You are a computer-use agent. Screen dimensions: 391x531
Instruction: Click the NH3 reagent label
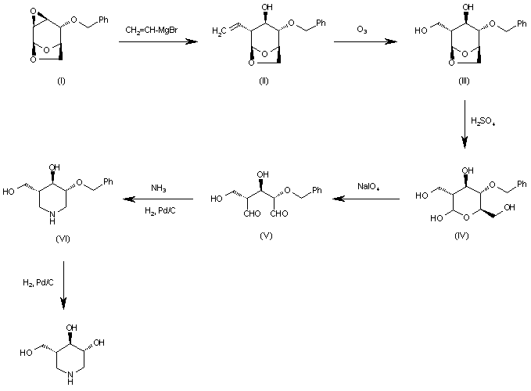[x=160, y=186]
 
